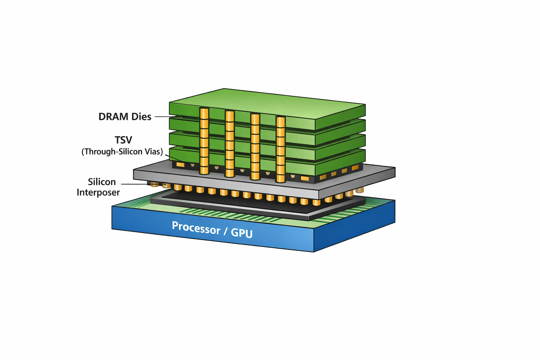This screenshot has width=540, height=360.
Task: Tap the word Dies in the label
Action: (x=141, y=117)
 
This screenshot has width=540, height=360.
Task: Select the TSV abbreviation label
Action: (x=123, y=140)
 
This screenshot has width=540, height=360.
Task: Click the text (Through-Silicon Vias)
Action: (x=122, y=152)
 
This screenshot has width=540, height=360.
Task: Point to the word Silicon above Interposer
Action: (x=102, y=182)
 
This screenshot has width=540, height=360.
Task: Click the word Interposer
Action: (x=98, y=192)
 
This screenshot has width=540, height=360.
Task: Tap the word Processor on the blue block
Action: (x=196, y=228)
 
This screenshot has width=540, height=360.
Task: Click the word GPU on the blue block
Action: (x=242, y=233)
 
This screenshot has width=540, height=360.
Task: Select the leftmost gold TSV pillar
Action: (x=204, y=141)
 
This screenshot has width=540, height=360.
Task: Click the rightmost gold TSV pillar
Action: (x=281, y=149)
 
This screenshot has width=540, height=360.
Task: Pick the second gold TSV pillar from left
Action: (x=230, y=143)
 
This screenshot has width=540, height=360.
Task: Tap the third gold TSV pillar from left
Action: (x=255, y=147)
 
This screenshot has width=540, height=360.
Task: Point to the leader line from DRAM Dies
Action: (x=168, y=117)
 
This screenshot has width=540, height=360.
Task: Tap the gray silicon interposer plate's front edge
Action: (x=225, y=183)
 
